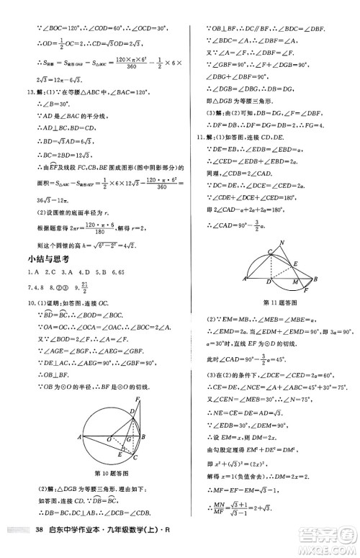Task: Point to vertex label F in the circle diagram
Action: pos(139,400)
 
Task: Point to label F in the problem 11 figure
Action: pos(307,289)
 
